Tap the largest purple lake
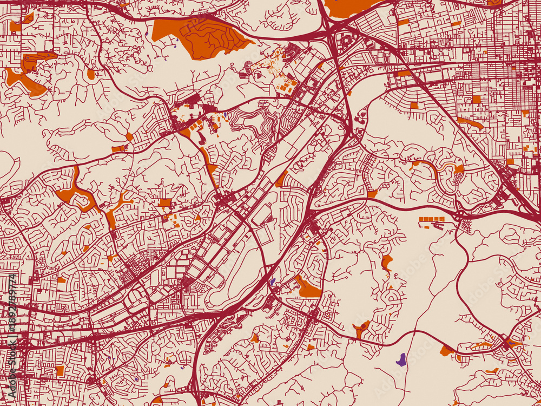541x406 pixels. pyautogui.click(x=401, y=359)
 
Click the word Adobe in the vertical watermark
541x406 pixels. pyautogui.click(x=12, y=379)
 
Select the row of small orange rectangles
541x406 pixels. pyautogui.click(x=432, y=219)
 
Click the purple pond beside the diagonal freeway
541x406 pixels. pyautogui.click(x=272, y=281)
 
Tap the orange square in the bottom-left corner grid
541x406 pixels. pyautogui.click(x=60, y=370)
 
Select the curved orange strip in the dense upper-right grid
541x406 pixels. pyautogui.click(x=470, y=123)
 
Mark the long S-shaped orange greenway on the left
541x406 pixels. pyautogui.click(x=76, y=192)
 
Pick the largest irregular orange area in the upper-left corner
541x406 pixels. pyautogui.click(x=27, y=76)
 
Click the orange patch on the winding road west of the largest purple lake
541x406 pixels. pyautogui.click(x=360, y=328)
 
